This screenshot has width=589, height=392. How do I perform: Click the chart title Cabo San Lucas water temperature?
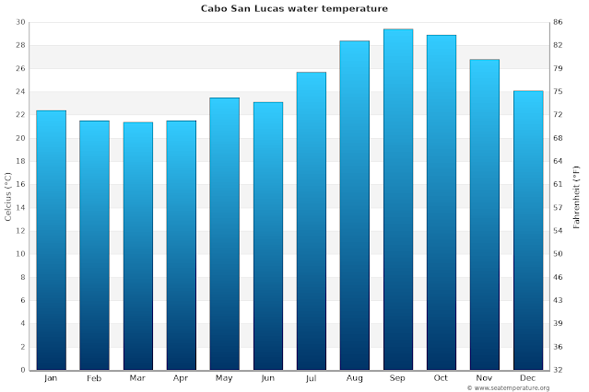294,8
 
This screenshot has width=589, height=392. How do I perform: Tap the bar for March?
137,246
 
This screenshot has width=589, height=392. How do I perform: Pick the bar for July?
311,221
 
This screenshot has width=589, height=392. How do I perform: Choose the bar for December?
527,230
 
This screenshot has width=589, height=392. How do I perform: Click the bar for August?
354,205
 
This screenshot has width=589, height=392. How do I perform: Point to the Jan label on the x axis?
51,377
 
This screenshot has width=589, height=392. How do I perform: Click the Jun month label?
267,377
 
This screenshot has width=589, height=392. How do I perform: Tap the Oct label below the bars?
441,377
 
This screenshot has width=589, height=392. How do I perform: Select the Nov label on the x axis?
484,377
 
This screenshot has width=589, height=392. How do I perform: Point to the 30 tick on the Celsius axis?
20,22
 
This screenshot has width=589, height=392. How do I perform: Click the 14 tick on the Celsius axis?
20,208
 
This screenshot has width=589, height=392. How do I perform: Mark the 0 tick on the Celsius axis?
23,370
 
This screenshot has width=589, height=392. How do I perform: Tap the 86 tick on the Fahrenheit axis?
559,22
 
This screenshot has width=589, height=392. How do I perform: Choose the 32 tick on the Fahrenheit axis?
559,370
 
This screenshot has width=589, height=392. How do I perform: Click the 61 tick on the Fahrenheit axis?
559,184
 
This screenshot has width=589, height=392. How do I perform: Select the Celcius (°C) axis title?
7,196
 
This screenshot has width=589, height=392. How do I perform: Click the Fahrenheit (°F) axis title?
577,196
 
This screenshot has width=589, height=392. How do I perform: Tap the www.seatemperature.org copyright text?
526,387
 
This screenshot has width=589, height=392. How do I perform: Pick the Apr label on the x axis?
181,377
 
